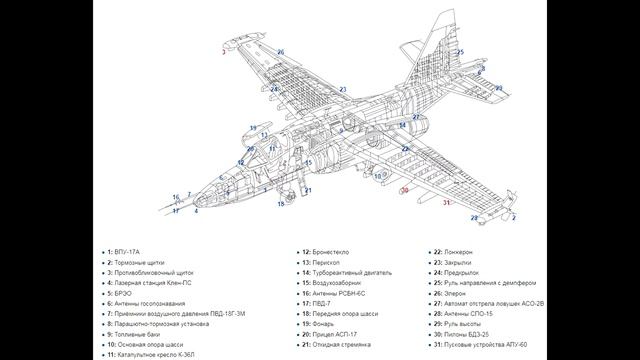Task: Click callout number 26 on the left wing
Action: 281,52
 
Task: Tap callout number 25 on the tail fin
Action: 461,52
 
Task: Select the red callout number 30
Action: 404,188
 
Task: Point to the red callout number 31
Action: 447,202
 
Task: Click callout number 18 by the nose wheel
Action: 281,204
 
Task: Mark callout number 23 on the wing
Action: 342,90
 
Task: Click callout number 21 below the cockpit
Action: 308,189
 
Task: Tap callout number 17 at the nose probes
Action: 176,210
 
